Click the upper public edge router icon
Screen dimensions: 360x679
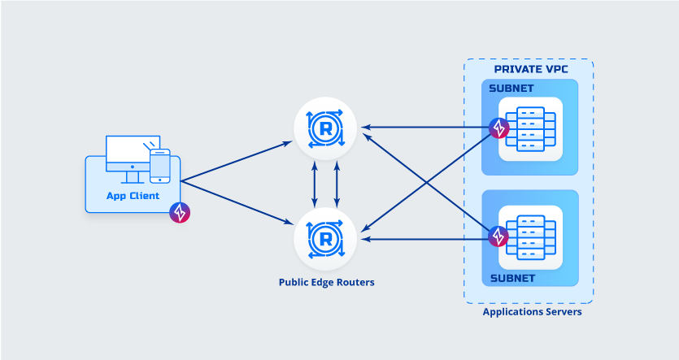(x=326, y=128)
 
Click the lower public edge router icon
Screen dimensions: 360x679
(x=326, y=239)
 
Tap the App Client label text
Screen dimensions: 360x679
(x=133, y=196)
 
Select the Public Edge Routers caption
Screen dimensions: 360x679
(x=327, y=283)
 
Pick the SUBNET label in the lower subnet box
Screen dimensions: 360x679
(x=511, y=278)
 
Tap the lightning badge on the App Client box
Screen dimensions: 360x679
(x=180, y=213)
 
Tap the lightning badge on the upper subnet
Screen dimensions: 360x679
(x=499, y=128)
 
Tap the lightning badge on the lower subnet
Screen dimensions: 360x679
(x=499, y=236)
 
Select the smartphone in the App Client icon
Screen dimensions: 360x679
(x=160, y=166)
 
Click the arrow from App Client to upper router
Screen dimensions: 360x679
(x=236, y=161)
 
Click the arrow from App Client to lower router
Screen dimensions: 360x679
(x=236, y=200)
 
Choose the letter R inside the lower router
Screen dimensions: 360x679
(x=326, y=239)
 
